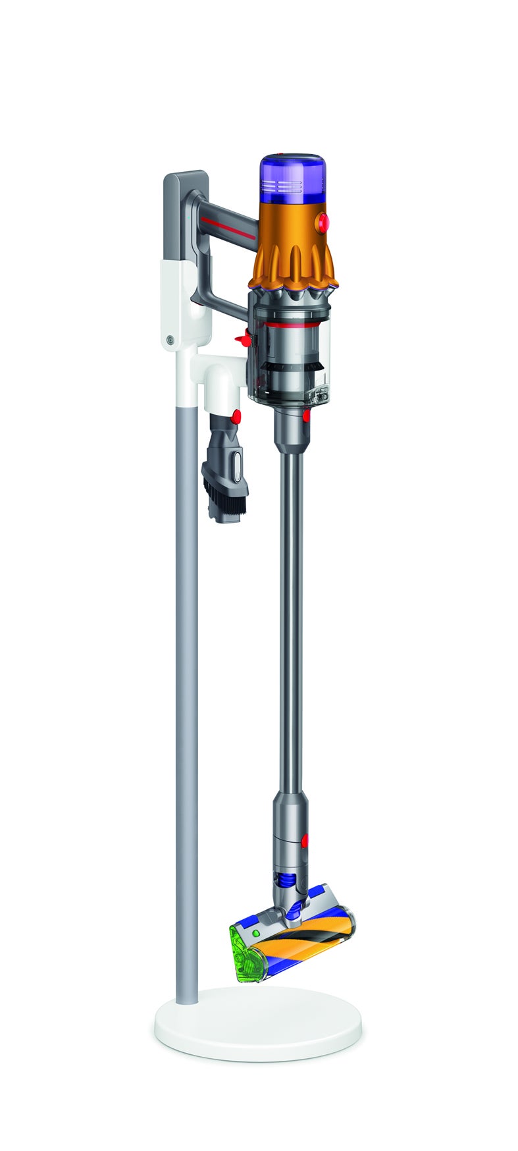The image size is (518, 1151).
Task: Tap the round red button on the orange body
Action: pyautogui.click(x=323, y=223)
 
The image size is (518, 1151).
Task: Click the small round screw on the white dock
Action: pyautogui.click(x=170, y=340)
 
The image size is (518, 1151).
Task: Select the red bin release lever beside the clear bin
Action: pyautogui.click(x=244, y=338)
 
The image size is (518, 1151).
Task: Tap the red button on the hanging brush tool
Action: pyautogui.click(x=236, y=416)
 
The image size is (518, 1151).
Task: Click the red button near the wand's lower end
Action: pyautogui.click(x=305, y=841)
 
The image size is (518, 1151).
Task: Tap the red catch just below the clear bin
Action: pyautogui.click(x=307, y=415)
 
